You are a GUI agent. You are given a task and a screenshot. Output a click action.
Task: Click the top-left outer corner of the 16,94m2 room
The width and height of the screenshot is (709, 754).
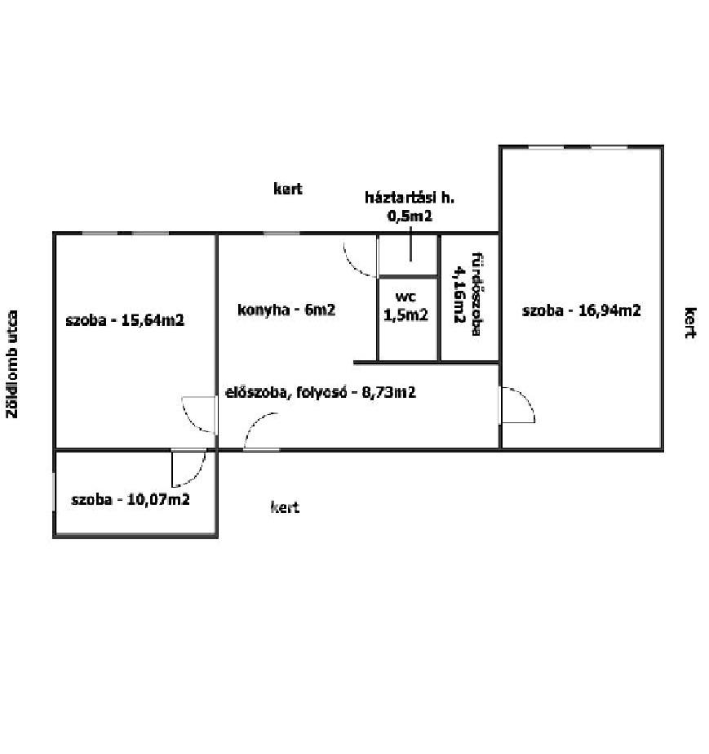coord(499,145)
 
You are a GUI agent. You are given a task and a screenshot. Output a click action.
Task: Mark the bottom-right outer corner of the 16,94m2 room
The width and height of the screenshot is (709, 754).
coord(663,451)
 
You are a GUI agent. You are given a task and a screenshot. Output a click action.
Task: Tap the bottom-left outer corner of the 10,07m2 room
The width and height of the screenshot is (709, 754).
coord(53,538)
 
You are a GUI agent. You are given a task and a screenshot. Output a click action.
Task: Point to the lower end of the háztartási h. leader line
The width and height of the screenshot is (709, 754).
coord(410,261)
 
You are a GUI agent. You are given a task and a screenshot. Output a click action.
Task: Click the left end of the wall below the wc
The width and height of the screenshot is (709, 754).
coord(354,362)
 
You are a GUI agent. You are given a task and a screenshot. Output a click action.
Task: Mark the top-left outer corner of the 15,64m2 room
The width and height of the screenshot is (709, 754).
coord(53,233)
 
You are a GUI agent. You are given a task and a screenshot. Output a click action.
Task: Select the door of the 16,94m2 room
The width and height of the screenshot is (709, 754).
coord(518,405)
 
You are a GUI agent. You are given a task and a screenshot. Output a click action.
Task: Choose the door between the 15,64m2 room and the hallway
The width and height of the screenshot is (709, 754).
coord(198,414)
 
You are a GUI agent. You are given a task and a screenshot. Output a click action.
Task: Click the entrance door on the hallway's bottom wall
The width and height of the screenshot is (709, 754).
coord(261,431)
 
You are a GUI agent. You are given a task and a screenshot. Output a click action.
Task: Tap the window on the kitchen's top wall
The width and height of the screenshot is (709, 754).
coord(282,233)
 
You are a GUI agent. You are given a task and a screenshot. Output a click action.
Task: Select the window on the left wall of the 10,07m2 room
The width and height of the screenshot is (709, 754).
coord(54,492)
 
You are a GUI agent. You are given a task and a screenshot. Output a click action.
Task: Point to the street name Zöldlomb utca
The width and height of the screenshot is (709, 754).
coord(12,364)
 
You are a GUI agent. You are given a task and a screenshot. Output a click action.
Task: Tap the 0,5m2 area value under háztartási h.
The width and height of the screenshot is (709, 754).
coord(410,216)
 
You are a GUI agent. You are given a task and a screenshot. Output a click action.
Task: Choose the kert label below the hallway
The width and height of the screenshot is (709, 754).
coord(285,506)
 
